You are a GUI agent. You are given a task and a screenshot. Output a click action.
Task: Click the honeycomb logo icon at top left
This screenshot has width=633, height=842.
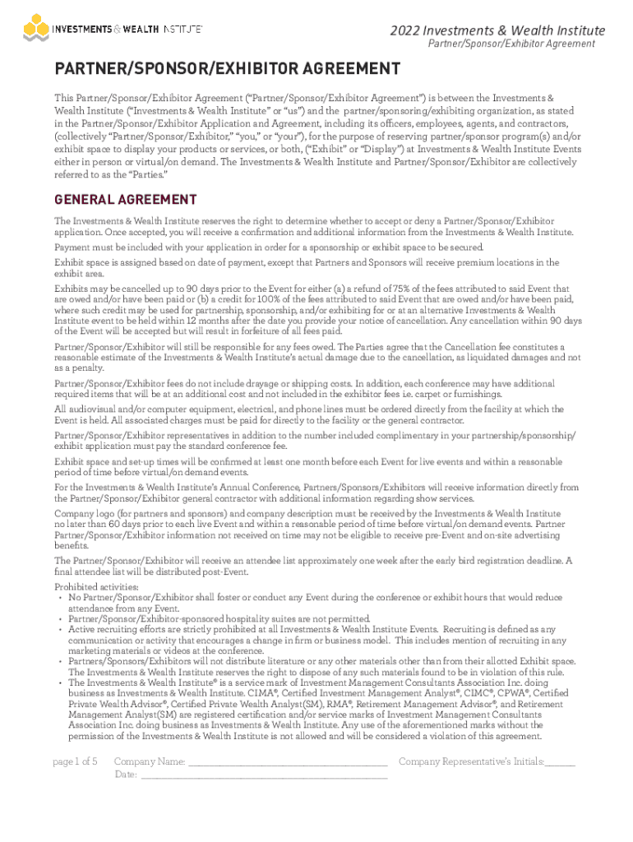(x=35, y=30)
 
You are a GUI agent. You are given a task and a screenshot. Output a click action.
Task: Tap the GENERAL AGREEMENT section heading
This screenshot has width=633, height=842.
(x=125, y=200)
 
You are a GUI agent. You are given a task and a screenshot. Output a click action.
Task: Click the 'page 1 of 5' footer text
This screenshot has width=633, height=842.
(x=75, y=761)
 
